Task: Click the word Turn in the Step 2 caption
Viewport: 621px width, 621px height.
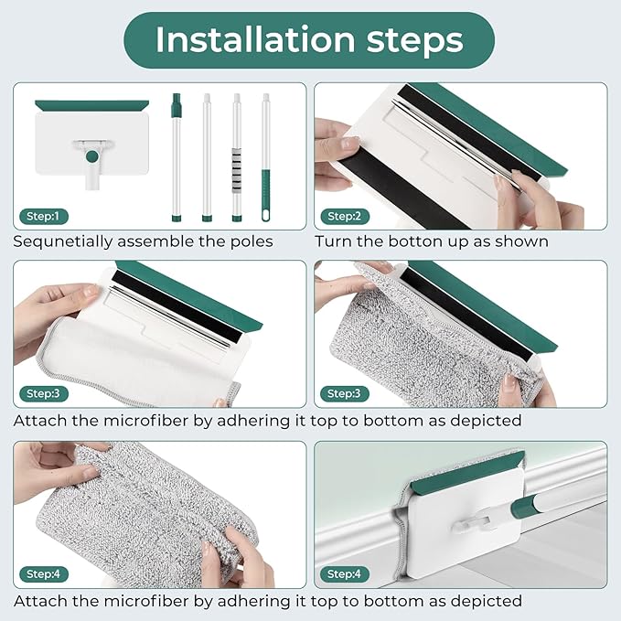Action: pyautogui.click(x=332, y=242)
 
